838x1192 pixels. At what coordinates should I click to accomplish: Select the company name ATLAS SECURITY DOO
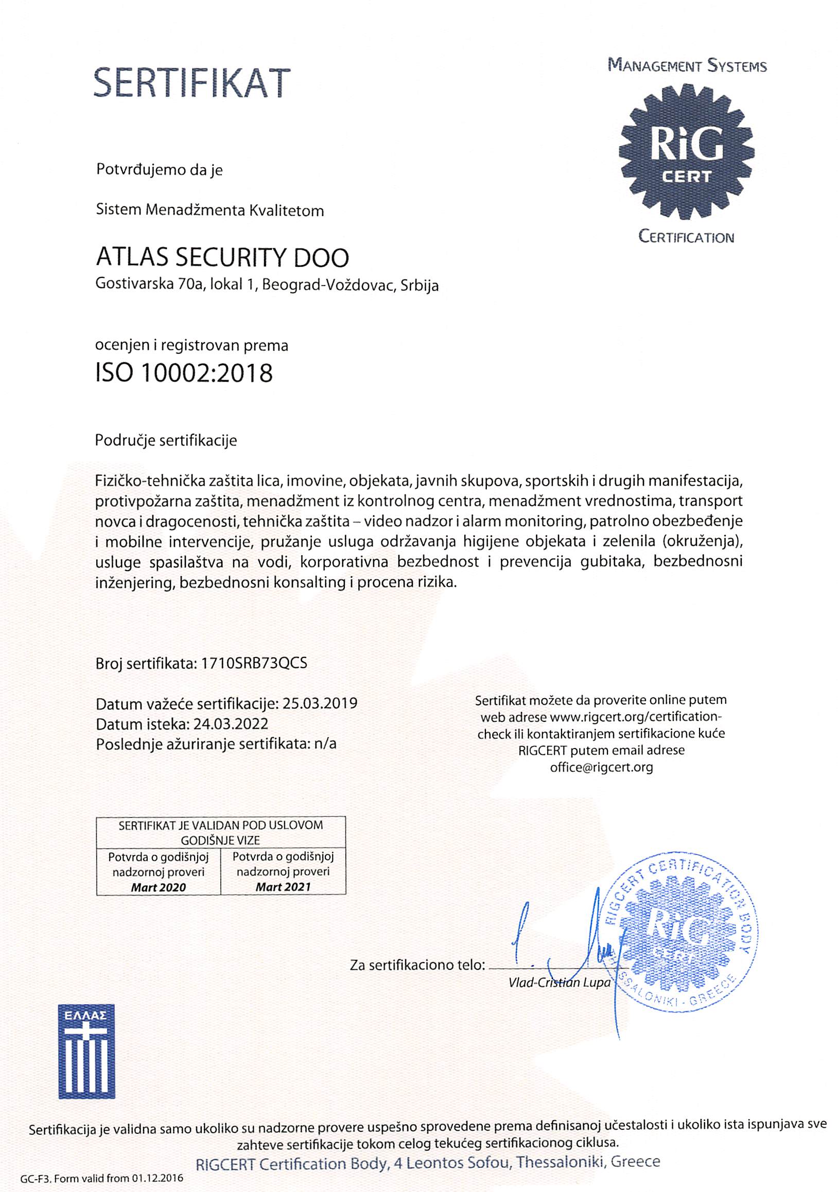point(222,258)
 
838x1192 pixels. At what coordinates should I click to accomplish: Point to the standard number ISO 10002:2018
point(184,373)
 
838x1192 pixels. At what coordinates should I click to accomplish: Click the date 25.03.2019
point(320,704)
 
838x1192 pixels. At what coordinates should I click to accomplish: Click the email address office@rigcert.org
point(601,767)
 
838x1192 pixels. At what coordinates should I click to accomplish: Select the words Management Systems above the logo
point(687,66)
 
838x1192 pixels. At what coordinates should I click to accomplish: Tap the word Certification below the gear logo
point(686,238)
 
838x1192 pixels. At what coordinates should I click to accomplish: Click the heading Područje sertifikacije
point(166,440)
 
